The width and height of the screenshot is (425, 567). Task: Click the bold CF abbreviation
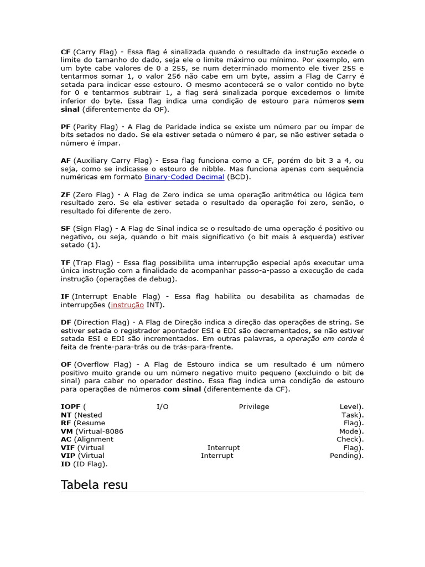66,52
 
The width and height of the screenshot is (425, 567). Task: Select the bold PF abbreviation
65,127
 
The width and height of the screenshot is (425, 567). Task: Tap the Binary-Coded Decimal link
184,177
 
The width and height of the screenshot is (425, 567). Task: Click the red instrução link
127,305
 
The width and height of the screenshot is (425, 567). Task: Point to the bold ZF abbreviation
65,195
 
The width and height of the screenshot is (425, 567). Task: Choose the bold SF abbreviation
65,229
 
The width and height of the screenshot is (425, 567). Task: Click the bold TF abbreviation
65,262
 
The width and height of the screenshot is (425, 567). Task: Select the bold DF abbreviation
66,322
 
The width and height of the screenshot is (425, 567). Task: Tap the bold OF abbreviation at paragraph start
66,364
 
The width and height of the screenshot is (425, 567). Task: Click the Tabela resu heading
94,485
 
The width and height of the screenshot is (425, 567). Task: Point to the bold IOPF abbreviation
71,407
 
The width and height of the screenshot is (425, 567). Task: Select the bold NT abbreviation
66,415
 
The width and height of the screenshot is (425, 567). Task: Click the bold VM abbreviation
66,431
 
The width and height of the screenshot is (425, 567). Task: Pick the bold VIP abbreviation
68,456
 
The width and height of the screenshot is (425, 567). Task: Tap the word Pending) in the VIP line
346,456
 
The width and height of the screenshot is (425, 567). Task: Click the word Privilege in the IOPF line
254,407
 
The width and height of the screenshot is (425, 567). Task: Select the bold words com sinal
182,389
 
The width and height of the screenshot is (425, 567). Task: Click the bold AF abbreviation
66,161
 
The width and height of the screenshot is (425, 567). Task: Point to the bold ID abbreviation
65,464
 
